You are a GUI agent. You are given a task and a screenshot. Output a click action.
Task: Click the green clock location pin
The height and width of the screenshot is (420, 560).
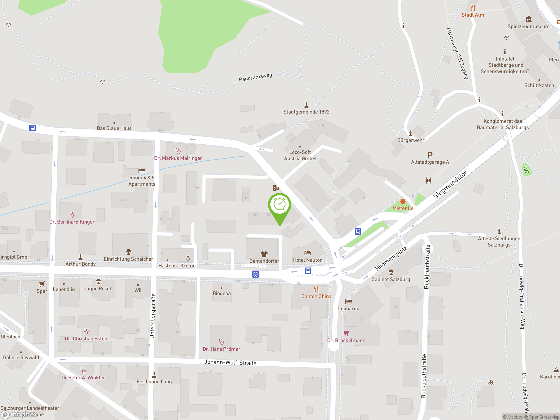click(280, 205)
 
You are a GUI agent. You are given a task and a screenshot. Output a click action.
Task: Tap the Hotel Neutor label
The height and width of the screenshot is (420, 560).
click(307, 260)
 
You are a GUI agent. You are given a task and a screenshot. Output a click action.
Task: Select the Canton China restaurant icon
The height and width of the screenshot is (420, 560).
click(316, 289)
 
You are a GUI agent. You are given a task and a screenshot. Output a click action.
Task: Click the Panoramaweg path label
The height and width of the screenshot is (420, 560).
click(255, 77)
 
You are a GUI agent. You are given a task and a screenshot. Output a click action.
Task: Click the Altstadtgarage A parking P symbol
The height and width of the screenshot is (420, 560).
click(430, 155)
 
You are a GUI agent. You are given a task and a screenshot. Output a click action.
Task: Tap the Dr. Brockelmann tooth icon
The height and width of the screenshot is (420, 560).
click(346, 333)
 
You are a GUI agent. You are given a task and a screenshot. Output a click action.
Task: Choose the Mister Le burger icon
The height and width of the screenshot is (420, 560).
click(403, 201)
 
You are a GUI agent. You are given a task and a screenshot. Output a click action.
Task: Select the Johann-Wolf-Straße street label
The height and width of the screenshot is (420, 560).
click(230, 362)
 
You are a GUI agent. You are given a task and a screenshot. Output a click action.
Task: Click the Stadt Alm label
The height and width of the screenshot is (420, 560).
click(473, 15)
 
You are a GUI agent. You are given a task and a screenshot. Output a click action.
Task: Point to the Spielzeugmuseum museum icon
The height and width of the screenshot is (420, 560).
click(528, 19)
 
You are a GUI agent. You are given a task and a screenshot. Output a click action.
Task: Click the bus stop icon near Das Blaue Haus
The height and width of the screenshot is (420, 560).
click(32, 128)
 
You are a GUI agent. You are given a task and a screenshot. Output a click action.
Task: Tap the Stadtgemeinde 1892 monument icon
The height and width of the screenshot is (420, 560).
click(306, 105)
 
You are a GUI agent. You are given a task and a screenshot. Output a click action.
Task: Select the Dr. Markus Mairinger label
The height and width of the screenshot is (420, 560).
click(178, 158)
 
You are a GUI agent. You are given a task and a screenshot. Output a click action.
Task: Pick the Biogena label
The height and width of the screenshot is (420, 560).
click(222, 293)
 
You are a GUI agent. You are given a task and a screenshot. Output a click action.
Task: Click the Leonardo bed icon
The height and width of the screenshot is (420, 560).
click(349, 301)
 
